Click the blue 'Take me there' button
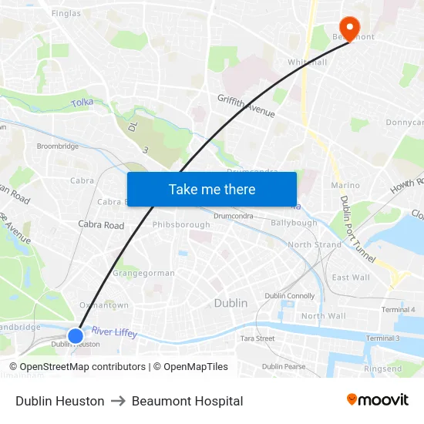[x=212, y=190]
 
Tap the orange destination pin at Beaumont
[x=350, y=29]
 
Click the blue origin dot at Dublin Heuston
[x=76, y=335]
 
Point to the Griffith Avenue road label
[x=246, y=106]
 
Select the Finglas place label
[x=66, y=13]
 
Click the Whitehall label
[x=307, y=62]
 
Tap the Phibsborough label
[x=181, y=224]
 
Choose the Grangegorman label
[x=144, y=273]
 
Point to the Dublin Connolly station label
[x=289, y=296]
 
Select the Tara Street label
[x=257, y=338]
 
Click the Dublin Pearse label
[x=283, y=366]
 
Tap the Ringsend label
[x=383, y=368]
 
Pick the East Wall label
[x=351, y=278]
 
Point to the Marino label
[x=345, y=185]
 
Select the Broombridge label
[x=58, y=146]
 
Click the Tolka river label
[x=82, y=103]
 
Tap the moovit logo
[x=377, y=400]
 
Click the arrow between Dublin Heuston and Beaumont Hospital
[x=118, y=401]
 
